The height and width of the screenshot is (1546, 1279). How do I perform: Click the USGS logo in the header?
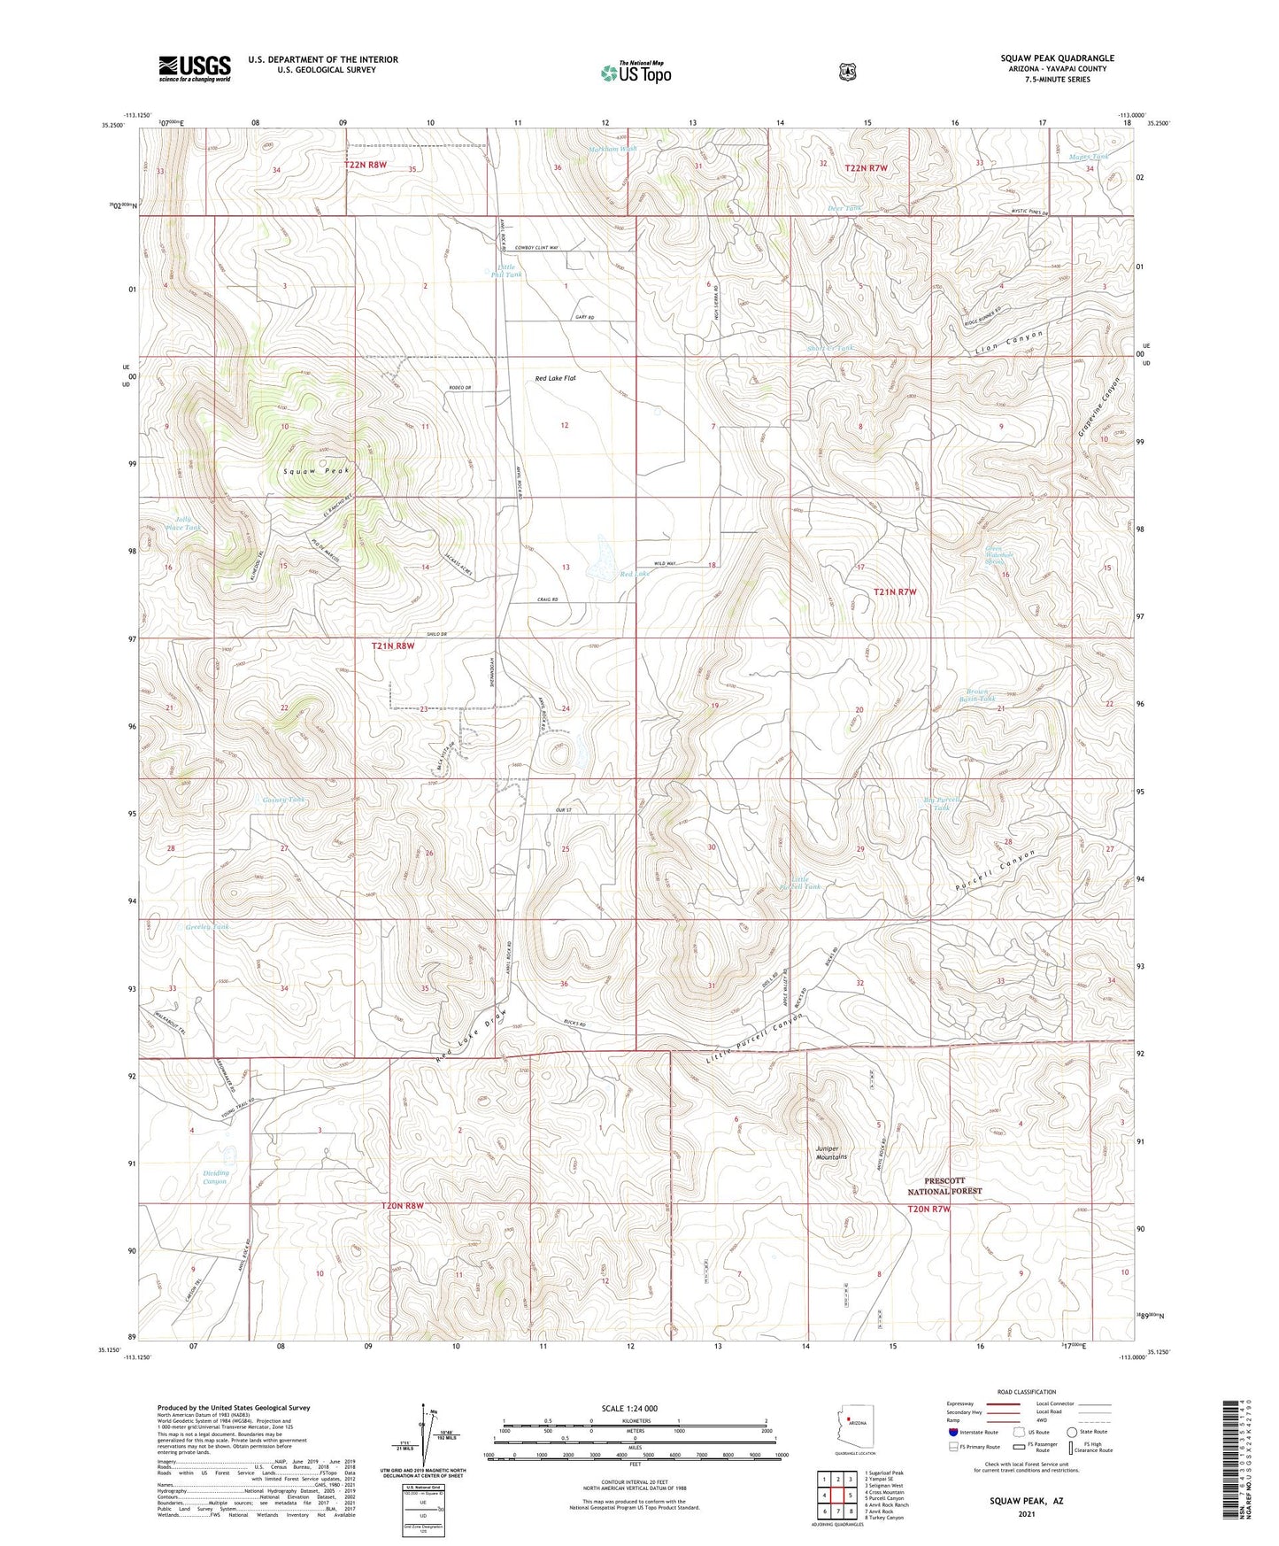click(x=195, y=68)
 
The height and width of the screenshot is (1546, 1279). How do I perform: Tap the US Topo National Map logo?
click(x=636, y=72)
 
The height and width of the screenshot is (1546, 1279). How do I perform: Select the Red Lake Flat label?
click(x=555, y=378)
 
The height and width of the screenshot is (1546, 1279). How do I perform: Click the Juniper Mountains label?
click(x=831, y=1152)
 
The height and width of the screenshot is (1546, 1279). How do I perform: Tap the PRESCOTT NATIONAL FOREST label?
click(x=953, y=1186)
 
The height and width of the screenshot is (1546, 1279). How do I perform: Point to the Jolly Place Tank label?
click(x=187, y=523)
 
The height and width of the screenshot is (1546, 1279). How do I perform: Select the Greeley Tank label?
click(x=207, y=927)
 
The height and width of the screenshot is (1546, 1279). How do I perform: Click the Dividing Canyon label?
click(x=215, y=1177)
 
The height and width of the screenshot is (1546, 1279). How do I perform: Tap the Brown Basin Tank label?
click(x=976, y=695)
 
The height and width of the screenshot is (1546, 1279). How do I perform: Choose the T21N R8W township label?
click(x=392, y=646)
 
